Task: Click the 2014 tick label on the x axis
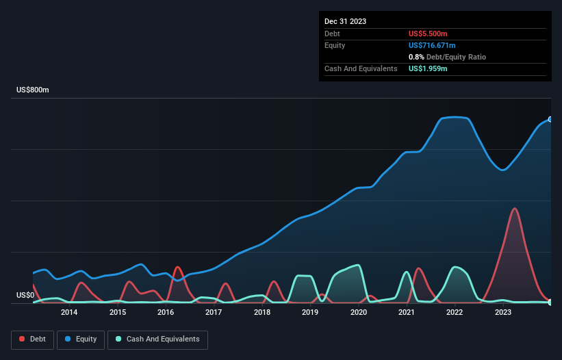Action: tap(68, 313)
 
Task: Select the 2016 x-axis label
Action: tap(165, 313)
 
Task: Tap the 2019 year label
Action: tap(310, 313)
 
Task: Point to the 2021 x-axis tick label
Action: tap(407, 313)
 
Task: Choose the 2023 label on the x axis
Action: tap(503, 313)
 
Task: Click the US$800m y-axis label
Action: tap(34, 90)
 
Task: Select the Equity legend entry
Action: tap(80, 339)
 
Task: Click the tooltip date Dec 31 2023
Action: tap(345, 21)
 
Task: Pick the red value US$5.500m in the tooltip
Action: tap(428, 34)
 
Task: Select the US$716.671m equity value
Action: tap(432, 45)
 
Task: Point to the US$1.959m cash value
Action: tap(428, 68)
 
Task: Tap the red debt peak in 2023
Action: tap(514, 209)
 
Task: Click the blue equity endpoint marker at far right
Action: tap(550, 120)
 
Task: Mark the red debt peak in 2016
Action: tap(177, 267)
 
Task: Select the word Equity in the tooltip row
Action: tap(335, 45)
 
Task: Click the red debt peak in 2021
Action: tap(418, 268)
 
